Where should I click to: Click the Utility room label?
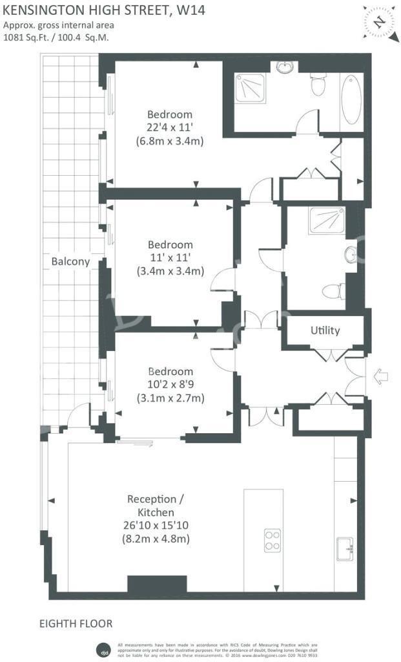point(325,330)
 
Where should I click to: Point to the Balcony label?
point(70,262)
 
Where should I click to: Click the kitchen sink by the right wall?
point(345,549)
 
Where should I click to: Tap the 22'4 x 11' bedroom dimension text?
point(170,127)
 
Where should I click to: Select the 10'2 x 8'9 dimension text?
point(170,385)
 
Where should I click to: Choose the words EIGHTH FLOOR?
point(76,624)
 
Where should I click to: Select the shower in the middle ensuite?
point(327,220)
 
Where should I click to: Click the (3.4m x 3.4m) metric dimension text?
point(170,271)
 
